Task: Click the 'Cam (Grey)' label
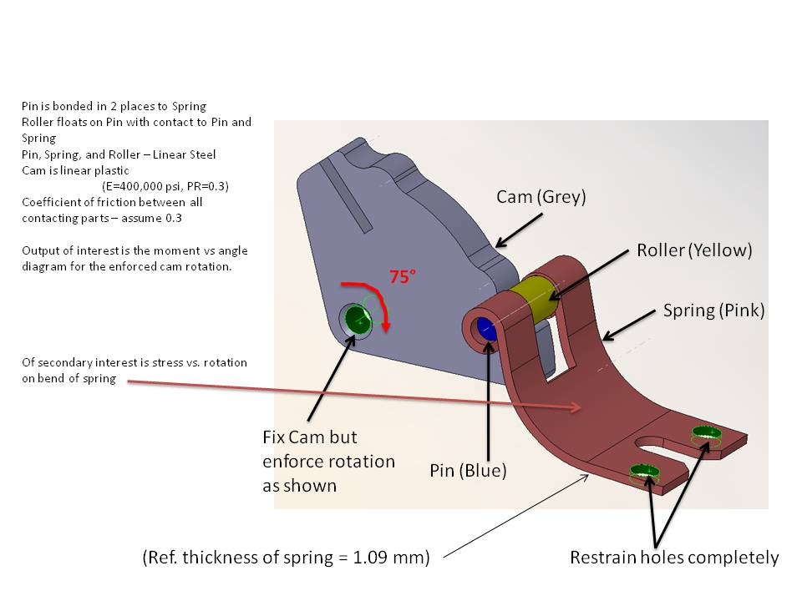click(541, 197)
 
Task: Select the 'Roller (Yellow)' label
click(694, 250)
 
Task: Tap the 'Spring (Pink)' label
click(713, 311)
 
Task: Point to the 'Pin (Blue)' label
click(467, 470)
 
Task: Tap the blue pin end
click(487, 331)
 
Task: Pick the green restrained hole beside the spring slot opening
click(644, 473)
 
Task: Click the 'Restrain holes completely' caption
click(674, 557)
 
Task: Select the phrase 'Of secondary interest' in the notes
click(74, 362)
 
